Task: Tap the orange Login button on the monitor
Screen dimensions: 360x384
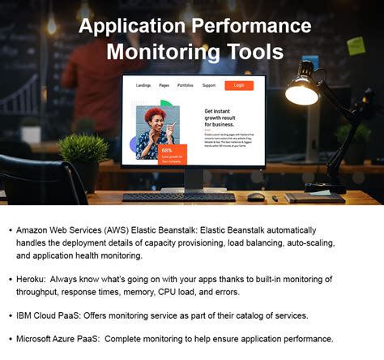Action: [239, 85]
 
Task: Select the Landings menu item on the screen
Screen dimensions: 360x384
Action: [143, 84]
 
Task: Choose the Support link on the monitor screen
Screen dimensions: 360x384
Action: [209, 84]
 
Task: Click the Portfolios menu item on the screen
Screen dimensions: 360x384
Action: [186, 84]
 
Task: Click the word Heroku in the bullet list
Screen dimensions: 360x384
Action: [30, 279]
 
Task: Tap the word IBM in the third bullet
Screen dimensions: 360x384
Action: [24, 315]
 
